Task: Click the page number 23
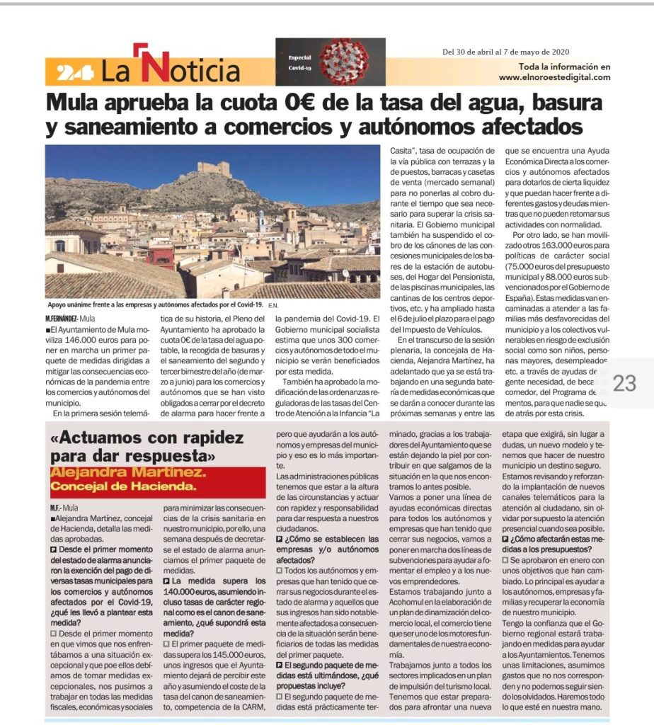(x=625, y=384)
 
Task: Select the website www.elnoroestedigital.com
(x=554, y=77)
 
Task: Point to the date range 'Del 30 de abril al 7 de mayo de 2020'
(x=506, y=52)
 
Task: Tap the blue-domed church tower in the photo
(x=261, y=221)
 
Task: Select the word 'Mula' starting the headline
(x=76, y=101)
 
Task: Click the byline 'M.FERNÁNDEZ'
(x=61, y=319)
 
